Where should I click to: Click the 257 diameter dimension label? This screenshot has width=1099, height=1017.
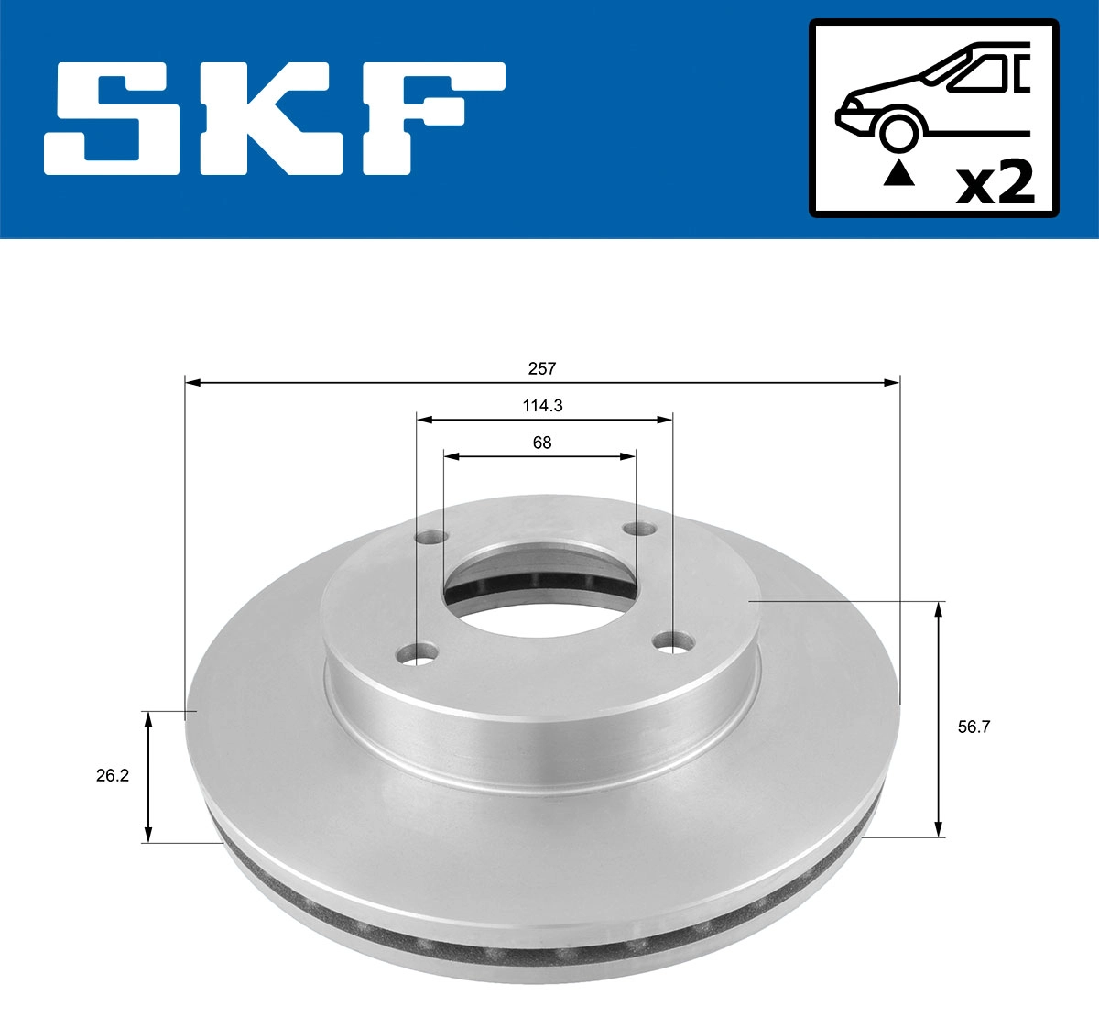[542, 368]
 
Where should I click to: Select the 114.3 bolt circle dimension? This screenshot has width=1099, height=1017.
[542, 406]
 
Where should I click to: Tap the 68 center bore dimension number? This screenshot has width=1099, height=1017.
[542, 443]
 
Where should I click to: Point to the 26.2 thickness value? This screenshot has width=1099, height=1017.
[113, 775]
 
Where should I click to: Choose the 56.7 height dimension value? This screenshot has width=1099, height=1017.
[974, 727]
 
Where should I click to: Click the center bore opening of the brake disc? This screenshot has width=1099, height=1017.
[540, 586]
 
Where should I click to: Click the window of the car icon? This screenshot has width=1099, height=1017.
[980, 72]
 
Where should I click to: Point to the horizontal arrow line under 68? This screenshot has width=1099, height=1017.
[540, 455]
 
